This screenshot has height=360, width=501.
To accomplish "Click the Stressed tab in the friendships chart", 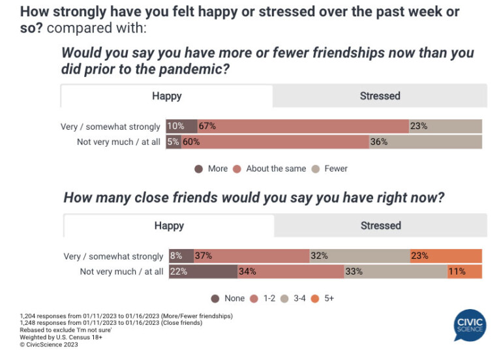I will [x=380, y=96].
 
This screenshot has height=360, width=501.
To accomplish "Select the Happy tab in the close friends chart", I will [x=169, y=226].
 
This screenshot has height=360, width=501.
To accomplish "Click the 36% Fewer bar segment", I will [x=425, y=142].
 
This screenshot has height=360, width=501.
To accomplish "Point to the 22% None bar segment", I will [x=202, y=271].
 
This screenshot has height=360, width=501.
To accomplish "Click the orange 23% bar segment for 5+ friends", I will [x=446, y=256].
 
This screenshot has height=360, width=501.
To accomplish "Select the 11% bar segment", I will [x=464, y=271].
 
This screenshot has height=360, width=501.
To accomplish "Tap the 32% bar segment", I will [x=359, y=256].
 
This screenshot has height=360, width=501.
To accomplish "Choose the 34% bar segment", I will [x=290, y=271].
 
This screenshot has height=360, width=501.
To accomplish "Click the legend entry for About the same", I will [x=270, y=168].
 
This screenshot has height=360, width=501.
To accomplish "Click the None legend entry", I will [x=228, y=298].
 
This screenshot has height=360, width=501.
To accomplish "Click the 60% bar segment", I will [x=275, y=142].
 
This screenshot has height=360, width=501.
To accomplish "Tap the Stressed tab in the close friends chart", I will [x=380, y=226].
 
